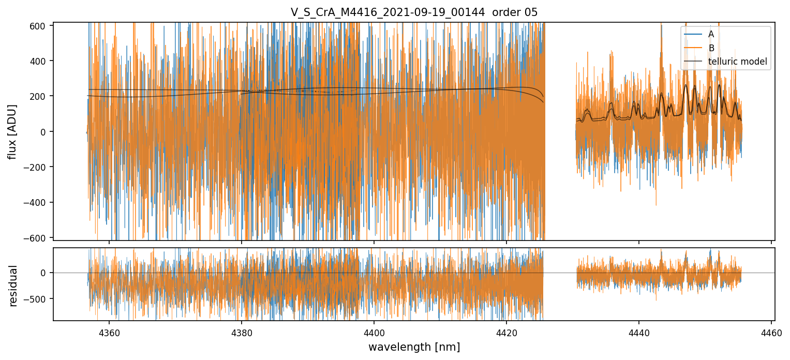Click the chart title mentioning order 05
(414, 12)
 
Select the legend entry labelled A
(711, 34)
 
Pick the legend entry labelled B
(711, 48)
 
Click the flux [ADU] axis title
(12, 131)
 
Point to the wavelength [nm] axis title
(414, 347)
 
